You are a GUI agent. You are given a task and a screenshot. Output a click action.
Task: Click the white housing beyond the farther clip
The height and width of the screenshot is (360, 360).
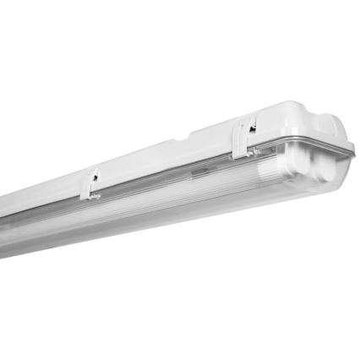[51, 207]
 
